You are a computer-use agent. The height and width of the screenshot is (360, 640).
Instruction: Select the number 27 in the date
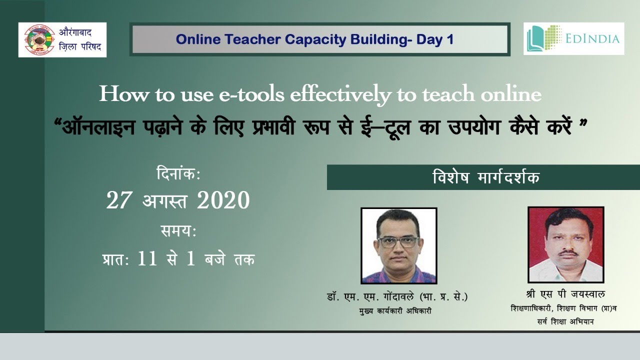[x=118, y=201]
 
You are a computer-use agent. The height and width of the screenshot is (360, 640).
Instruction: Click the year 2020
[x=223, y=201]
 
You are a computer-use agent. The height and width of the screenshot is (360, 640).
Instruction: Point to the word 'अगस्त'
[x=164, y=201]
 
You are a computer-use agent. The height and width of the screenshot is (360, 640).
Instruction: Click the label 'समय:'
[x=178, y=231]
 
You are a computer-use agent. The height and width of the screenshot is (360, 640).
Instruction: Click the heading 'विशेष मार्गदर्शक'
[x=486, y=177]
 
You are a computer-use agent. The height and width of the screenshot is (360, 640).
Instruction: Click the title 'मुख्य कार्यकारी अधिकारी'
[x=395, y=311]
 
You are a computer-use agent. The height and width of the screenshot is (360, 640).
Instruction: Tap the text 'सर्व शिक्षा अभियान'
[x=562, y=322]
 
